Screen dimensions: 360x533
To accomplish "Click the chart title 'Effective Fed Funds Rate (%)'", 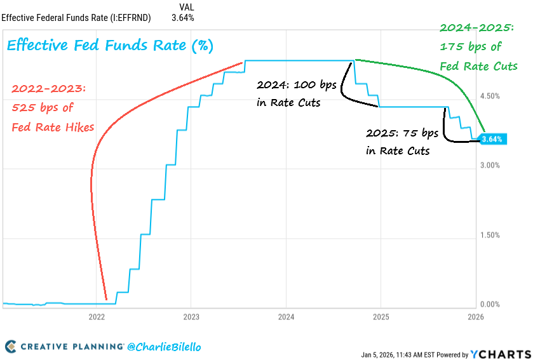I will pyautogui.click(x=110, y=46).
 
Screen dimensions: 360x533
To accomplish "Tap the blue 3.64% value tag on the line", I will pyautogui.click(x=492, y=139).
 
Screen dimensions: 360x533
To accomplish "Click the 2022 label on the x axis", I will pyautogui.click(x=97, y=316).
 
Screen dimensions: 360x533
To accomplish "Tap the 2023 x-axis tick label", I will pyautogui.click(x=191, y=316).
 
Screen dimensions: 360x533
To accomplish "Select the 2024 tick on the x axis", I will pyautogui.click(x=286, y=316).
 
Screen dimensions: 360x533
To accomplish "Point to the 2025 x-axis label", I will pyautogui.click(x=381, y=316).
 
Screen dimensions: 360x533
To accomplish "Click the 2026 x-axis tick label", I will pyautogui.click(x=475, y=316).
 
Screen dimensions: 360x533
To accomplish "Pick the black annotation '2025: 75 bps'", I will pyautogui.click(x=402, y=134).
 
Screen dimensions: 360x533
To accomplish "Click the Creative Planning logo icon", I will pyautogui.click(x=10, y=347).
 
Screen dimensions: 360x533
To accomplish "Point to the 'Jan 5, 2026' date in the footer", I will pyautogui.click(x=379, y=354).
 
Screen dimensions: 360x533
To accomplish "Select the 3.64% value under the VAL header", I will pyautogui.click(x=182, y=17).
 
